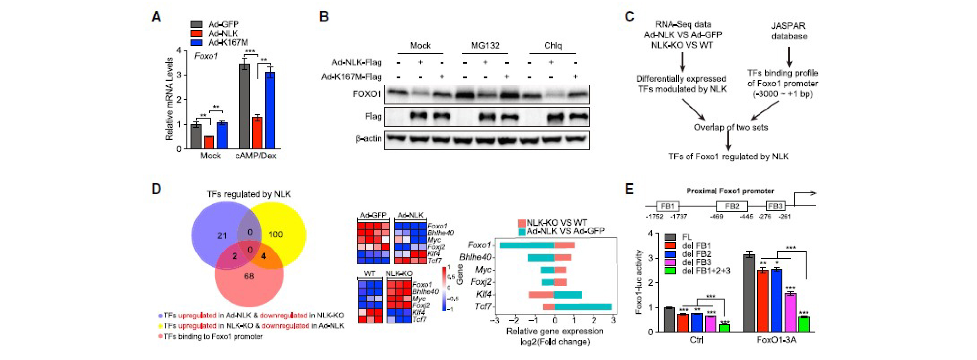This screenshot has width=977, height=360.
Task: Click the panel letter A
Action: click(156, 17)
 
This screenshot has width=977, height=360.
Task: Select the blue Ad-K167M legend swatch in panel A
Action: click(196, 43)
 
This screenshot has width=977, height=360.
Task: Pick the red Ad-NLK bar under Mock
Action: click(209, 142)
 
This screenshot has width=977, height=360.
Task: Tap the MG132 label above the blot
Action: click(485, 45)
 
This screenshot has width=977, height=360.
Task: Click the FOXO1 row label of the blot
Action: click(367, 94)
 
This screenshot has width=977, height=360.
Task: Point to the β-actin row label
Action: click(368, 138)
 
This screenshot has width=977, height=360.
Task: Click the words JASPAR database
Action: click(789, 31)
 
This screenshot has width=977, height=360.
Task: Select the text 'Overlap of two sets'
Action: click(730, 127)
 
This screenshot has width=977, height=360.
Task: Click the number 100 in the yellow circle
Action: click(275, 235)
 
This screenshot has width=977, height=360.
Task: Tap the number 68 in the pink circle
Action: click(249, 276)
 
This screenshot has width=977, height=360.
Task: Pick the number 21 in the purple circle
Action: click(222, 236)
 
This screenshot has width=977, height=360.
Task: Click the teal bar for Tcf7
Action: click(583, 306)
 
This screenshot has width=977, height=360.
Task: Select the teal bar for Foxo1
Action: click(527, 245)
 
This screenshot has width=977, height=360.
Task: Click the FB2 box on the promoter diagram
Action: click(732, 207)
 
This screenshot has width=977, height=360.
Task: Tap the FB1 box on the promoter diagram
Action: click(667, 207)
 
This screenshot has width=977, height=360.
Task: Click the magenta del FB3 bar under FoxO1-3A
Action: click(790, 312)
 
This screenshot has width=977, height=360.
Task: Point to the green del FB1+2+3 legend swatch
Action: click(671, 271)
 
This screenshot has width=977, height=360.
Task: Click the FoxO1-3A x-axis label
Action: click(776, 340)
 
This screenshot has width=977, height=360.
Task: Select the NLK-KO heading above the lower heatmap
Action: click(398, 273)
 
